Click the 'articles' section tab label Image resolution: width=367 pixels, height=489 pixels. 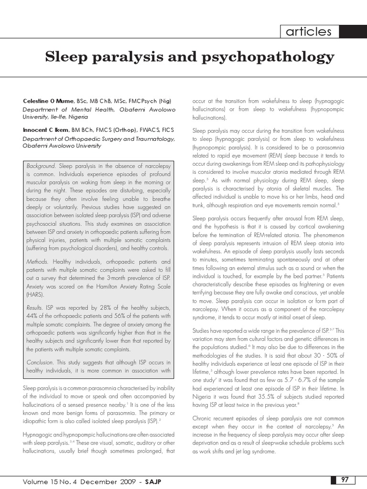coord(309,32)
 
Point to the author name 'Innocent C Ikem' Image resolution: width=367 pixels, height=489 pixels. coord(46,130)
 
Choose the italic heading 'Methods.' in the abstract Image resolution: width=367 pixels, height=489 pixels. coord(37,262)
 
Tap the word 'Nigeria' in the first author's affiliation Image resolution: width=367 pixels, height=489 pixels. coord(77,117)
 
